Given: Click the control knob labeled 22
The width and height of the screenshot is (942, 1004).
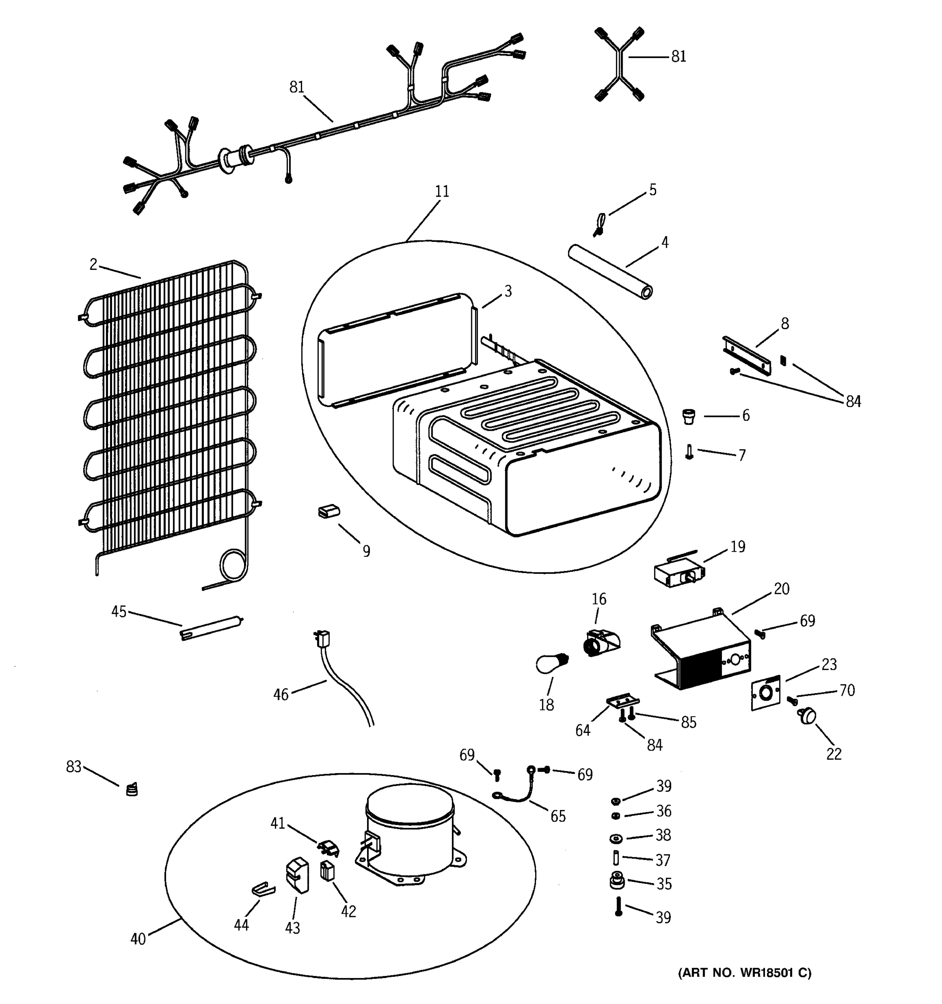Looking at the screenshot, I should (x=807, y=717).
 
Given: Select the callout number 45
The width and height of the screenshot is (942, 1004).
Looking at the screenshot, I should (x=119, y=612).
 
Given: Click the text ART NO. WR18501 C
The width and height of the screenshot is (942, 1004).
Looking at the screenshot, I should (x=744, y=973).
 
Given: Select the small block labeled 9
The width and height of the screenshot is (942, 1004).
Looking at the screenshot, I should (x=329, y=512).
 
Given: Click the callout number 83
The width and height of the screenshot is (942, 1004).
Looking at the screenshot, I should (x=74, y=767).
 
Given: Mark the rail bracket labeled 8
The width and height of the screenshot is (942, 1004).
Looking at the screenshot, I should (x=747, y=356).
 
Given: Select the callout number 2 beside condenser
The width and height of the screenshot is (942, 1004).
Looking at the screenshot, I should (x=93, y=264).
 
